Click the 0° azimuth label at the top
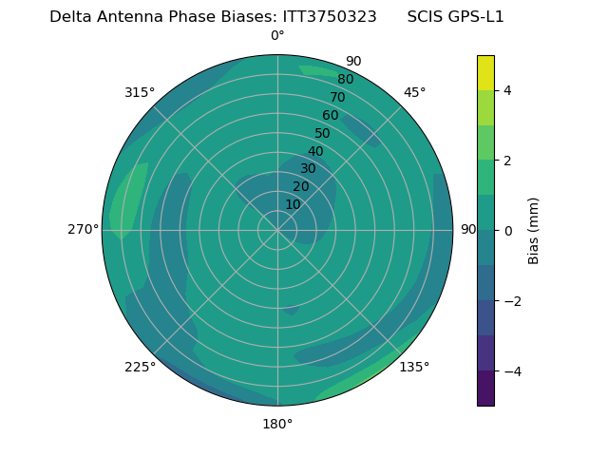(x=277, y=36)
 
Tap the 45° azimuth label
(x=414, y=92)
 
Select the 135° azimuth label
(x=414, y=367)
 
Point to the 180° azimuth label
(x=277, y=424)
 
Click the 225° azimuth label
(x=140, y=367)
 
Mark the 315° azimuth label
(x=140, y=92)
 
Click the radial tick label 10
(x=293, y=204)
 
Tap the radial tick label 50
(x=323, y=133)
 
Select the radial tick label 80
(x=346, y=79)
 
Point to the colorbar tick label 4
(x=507, y=90)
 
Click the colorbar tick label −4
(x=511, y=371)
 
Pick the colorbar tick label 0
(x=507, y=231)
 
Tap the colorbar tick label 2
(x=507, y=161)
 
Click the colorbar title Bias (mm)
(x=534, y=231)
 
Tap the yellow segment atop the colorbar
(x=485, y=72)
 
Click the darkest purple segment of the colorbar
(x=485, y=389)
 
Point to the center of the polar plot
(x=277, y=230)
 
